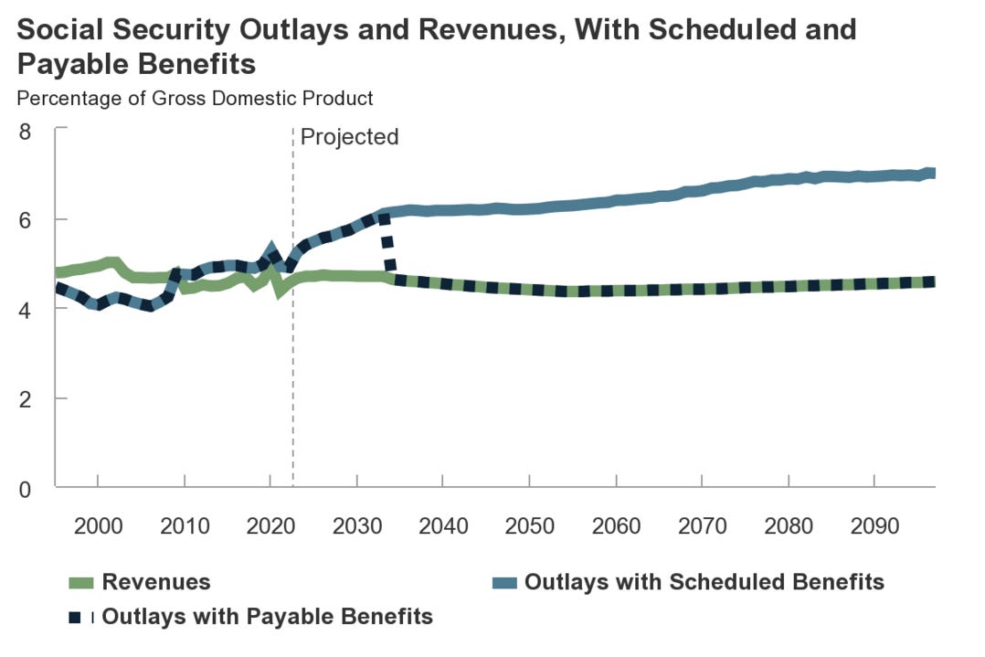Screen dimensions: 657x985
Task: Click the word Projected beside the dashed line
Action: (350, 137)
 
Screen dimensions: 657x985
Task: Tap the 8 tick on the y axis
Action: (25, 131)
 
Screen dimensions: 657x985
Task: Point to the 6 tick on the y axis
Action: (25, 220)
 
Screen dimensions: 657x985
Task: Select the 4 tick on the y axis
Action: (25, 310)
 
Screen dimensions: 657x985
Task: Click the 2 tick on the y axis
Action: (25, 399)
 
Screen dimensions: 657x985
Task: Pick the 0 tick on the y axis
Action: (25, 489)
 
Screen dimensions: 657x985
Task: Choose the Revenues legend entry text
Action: (156, 582)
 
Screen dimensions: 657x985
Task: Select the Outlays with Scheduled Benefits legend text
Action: (704, 582)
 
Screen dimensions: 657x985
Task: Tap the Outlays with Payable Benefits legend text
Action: (267, 616)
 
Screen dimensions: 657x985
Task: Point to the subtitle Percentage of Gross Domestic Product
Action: (195, 98)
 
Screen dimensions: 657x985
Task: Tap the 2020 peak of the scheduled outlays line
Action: (271, 249)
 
